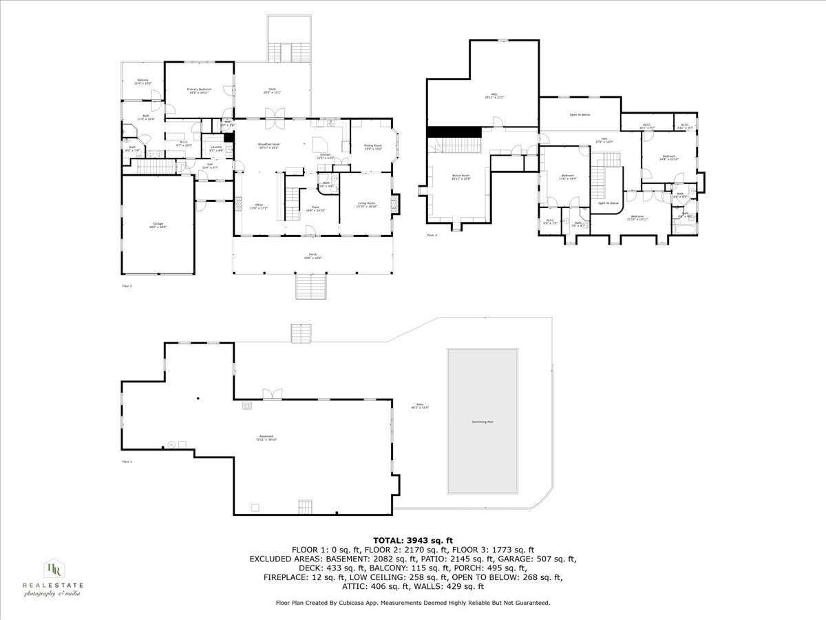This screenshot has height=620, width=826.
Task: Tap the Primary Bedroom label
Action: (x=199, y=90)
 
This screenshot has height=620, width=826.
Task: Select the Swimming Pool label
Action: (x=482, y=422)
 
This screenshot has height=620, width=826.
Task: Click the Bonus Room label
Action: (x=460, y=177)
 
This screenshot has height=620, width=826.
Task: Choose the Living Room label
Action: (x=366, y=204)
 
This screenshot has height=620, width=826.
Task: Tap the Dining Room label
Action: (x=372, y=146)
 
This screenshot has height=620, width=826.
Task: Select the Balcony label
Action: (x=142, y=81)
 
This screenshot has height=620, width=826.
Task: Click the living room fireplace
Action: (x=395, y=204)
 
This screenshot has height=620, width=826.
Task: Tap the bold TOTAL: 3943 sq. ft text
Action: (x=412, y=540)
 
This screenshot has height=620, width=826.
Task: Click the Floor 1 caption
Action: (x=127, y=462)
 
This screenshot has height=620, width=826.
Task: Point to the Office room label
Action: (x=259, y=205)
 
